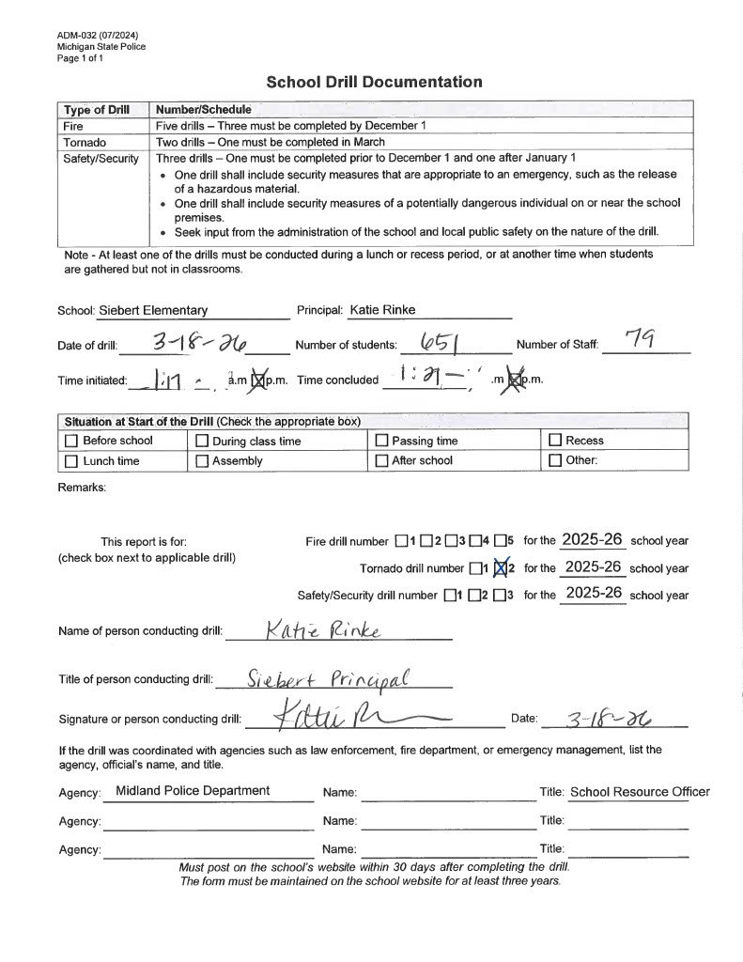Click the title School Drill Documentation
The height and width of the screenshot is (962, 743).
(x=374, y=82)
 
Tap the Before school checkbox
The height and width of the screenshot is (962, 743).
(x=71, y=441)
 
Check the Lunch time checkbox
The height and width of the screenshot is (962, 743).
(x=71, y=461)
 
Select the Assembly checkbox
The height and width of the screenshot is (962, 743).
(x=202, y=461)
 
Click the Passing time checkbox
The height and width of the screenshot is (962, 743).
(x=381, y=441)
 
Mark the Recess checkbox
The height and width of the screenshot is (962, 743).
(x=555, y=441)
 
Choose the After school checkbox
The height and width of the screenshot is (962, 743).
(x=381, y=461)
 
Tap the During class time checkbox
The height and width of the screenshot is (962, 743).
(x=202, y=441)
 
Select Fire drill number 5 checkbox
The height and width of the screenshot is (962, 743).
(x=500, y=541)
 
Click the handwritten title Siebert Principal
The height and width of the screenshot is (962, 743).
(x=330, y=678)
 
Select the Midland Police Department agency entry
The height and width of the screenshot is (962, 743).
(x=193, y=791)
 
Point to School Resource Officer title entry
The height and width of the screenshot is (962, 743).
(x=640, y=792)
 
